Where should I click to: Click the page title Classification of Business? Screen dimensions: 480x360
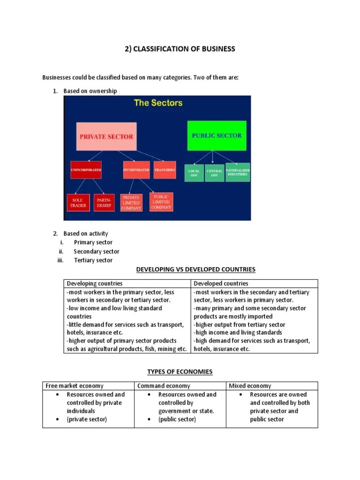pos(180,49)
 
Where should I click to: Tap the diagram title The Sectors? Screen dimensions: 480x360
pos(158,103)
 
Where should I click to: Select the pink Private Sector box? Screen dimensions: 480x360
pos(106,136)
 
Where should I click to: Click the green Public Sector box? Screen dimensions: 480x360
pos(217,135)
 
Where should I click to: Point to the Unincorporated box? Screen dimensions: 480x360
pos(86,170)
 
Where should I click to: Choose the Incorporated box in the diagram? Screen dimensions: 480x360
pos(136,170)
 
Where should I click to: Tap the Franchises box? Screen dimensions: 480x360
pos(165,170)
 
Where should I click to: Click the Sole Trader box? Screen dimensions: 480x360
pos(78,202)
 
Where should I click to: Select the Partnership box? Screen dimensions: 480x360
pos(104,202)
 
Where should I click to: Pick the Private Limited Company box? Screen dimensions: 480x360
pos(131,202)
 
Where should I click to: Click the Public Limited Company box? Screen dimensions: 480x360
pos(161,201)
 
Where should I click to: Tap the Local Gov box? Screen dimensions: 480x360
pos(194,173)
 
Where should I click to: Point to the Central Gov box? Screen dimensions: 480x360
pos(214,173)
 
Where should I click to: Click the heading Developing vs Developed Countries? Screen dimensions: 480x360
pos(195,270)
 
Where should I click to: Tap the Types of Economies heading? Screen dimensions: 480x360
pos(180,372)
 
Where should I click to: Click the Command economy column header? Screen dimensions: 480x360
pos(164,386)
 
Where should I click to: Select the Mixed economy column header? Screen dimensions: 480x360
pos(250,386)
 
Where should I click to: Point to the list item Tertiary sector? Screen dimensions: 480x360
pos(93,260)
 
